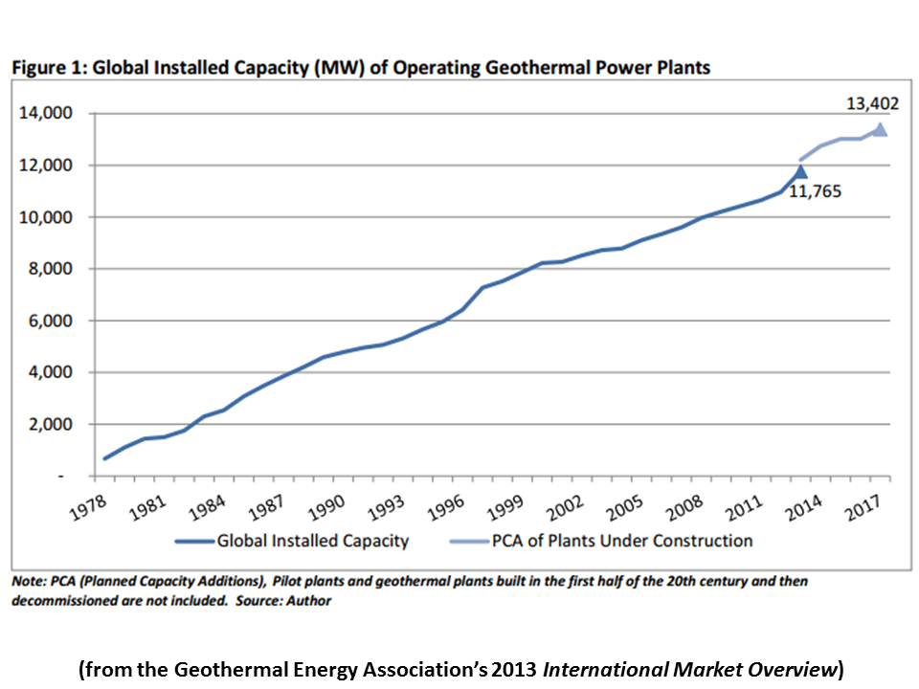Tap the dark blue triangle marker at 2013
point(800,172)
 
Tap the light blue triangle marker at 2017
point(879,130)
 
